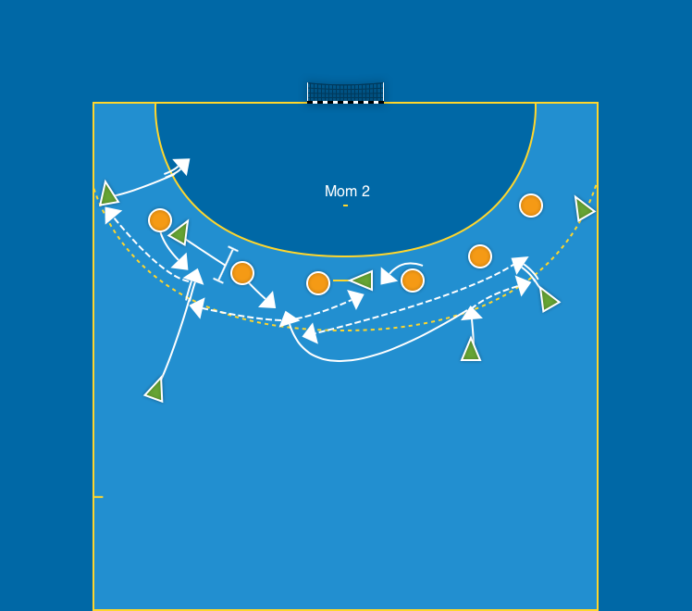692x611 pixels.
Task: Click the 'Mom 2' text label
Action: pyautogui.click(x=347, y=191)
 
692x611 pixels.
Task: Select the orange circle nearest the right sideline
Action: pyautogui.click(x=530, y=206)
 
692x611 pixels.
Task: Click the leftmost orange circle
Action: pyautogui.click(x=160, y=220)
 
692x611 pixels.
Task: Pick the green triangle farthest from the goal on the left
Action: pyautogui.click(x=155, y=390)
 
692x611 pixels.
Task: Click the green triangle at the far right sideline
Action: pyautogui.click(x=584, y=209)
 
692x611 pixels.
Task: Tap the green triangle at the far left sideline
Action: pyautogui.click(x=108, y=194)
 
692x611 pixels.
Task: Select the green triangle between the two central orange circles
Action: pyautogui.click(x=362, y=280)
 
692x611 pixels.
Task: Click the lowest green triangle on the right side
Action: pyautogui.click(x=471, y=350)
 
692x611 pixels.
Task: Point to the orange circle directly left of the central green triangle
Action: pyautogui.click(x=318, y=283)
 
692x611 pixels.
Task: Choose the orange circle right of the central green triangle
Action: pyautogui.click(x=413, y=280)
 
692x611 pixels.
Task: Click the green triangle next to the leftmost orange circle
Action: pyautogui.click(x=179, y=233)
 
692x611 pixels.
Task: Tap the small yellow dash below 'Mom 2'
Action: pyautogui.click(x=345, y=206)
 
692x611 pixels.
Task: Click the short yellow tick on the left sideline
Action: pyautogui.click(x=98, y=497)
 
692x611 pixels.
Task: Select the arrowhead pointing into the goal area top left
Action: pyautogui.click(x=182, y=167)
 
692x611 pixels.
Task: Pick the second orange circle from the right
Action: pyautogui.click(x=479, y=256)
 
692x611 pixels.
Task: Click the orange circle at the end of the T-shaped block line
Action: pyautogui.click(x=242, y=273)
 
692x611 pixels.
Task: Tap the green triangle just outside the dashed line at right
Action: pyautogui.click(x=549, y=300)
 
